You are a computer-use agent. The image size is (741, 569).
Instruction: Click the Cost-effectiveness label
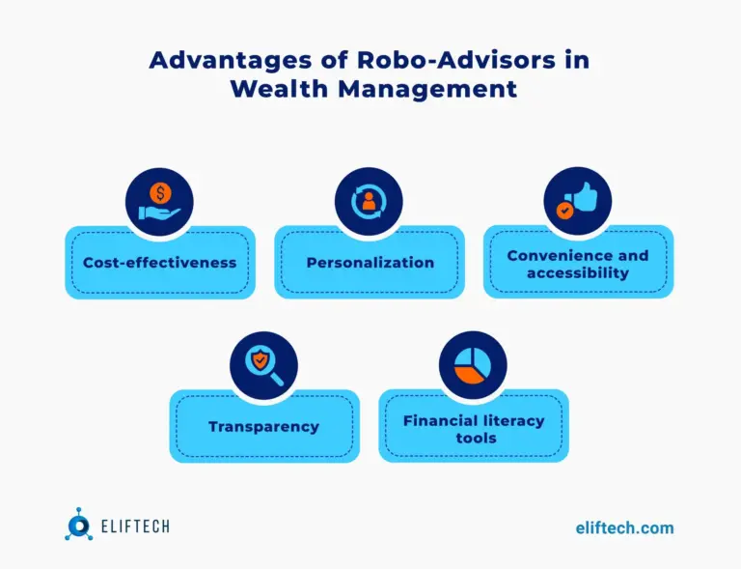point(159,262)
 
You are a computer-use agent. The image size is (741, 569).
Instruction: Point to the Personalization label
point(370,262)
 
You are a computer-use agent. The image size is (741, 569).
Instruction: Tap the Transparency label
point(263,426)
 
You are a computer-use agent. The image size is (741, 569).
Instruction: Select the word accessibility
point(577,272)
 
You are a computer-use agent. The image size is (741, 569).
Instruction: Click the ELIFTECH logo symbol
point(79,526)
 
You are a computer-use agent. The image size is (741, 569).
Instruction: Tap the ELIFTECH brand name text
point(134,527)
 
